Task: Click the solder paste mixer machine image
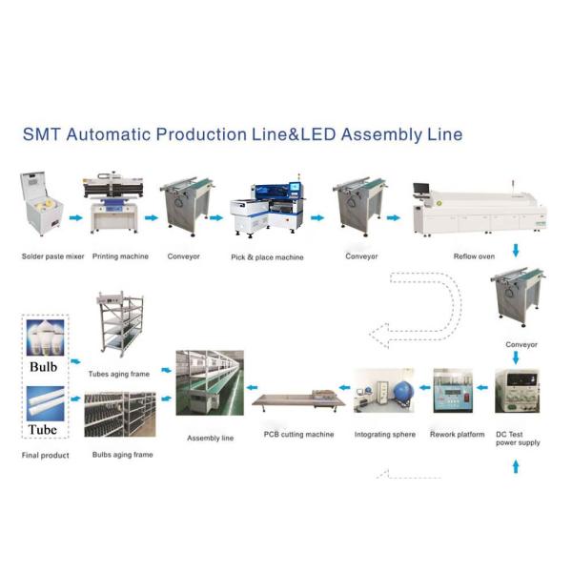[x=42, y=203]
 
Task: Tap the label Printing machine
[x=120, y=256]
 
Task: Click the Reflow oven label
[x=474, y=256]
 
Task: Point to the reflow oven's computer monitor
[x=421, y=189]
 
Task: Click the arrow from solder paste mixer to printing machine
[x=76, y=217]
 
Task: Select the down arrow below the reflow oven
[x=516, y=251]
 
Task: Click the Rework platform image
[x=453, y=391]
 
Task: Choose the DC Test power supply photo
[x=518, y=391]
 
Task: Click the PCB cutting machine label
[x=298, y=435]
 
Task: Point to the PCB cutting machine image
[x=298, y=399]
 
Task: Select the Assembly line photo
[x=210, y=382]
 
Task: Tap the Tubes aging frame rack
[x=120, y=323]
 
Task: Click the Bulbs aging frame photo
[x=120, y=415]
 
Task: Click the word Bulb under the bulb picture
[x=44, y=367]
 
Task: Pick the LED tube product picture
[x=45, y=403]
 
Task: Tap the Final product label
[x=45, y=456]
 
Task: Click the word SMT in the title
[x=41, y=134]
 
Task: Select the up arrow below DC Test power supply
[x=516, y=466]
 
